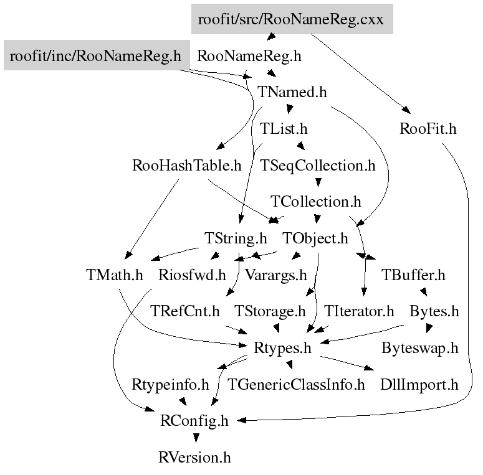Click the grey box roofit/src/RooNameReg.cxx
[292, 19]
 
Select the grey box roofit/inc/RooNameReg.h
[95, 57]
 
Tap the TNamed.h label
[292, 92]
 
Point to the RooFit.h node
[428, 129]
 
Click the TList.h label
[284, 129]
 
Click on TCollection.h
[316, 202]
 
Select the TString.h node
[236, 238]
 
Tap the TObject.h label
[315, 238]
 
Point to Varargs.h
[275, 275]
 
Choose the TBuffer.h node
[414, 275]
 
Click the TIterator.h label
[360, 311]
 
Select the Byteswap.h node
[420, 347]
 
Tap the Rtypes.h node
[283, 347]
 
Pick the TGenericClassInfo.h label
[297, 384]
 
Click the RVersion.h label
[195, 458]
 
